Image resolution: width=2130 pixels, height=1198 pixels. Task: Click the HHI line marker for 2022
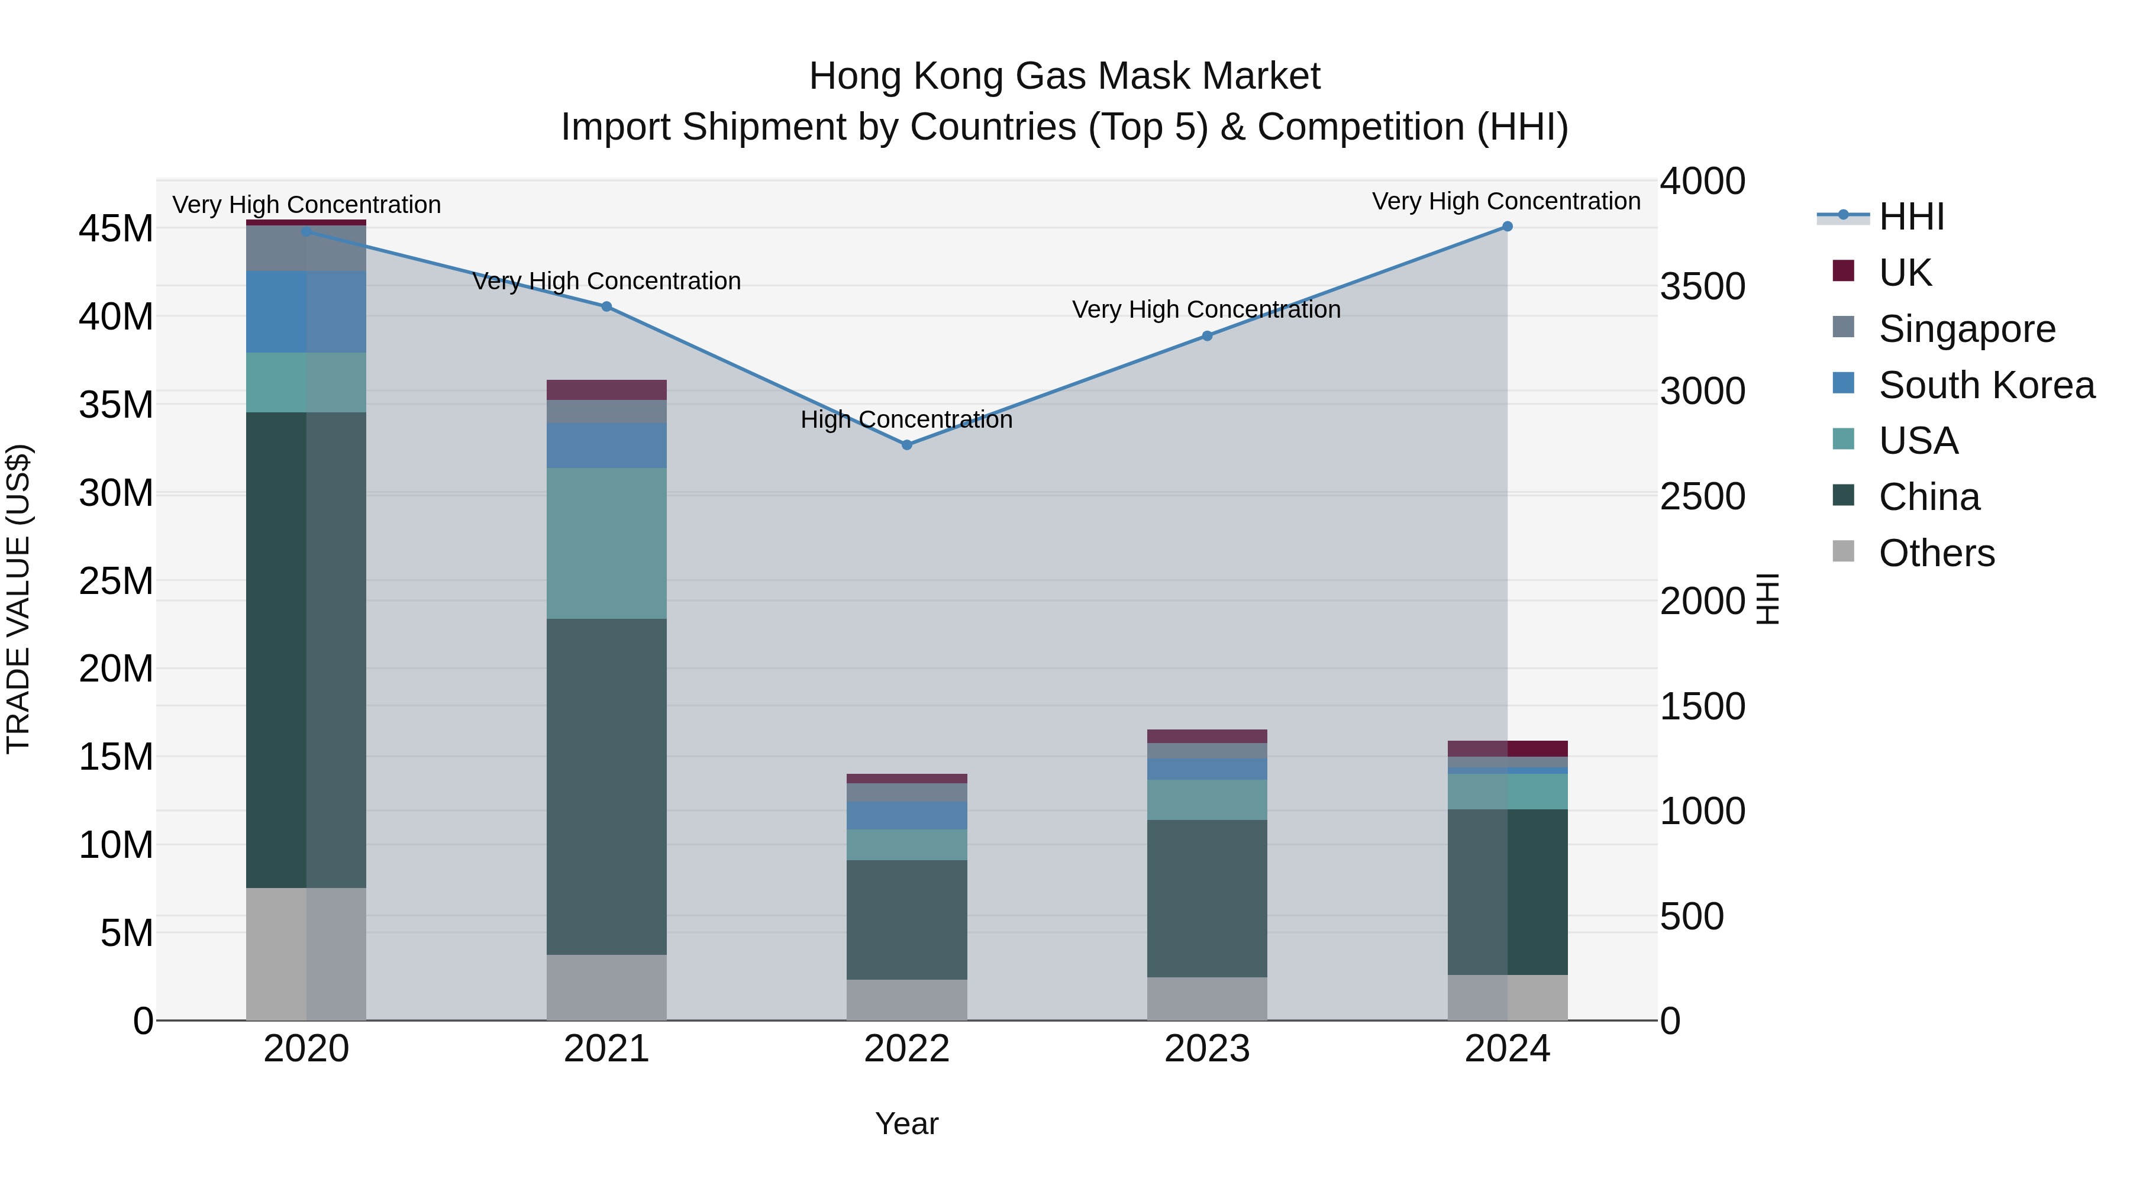pyautogui.click(x=906, y=445)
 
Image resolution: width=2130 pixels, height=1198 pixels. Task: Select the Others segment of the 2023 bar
pyautogui.click(x=1206, y=998)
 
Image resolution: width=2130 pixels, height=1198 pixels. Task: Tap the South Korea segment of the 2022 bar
pyautogui.click(x=906, y=815)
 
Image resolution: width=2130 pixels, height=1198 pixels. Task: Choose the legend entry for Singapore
pyautogui.click(x=1966, y=329)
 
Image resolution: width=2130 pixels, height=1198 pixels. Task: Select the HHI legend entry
pyautogui.click(x=1910, y=217)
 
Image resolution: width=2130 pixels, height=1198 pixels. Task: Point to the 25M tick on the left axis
pyautogui.click(x=116, y=581)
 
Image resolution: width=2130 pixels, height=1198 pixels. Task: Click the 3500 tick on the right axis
pyautogui.click(x=1702, y=287)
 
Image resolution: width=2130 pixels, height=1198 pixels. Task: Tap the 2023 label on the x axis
pyautogui.click(x=1206, y=1049)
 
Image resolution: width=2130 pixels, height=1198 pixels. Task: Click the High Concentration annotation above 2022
pyautogui.click(x=906, y=420)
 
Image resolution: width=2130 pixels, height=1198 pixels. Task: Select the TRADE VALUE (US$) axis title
pyautogui.click(x=18, y=599)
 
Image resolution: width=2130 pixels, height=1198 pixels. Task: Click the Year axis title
pyautogui.click(x=906, y=1123)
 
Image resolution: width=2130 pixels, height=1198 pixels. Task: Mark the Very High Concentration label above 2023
pyautogui.click(x=1206, y=310)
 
